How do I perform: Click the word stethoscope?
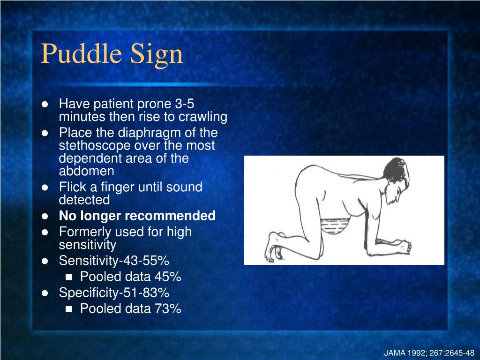[x=94, y=145]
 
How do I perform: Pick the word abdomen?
[x=86, y=171]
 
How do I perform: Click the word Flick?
[x=71, y=187]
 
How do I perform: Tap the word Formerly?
[x=86, y=232]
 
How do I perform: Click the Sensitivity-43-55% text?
[x=114, y=261]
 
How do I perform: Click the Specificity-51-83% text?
[x=114, y=293]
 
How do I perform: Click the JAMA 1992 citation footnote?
[x=429, y=353]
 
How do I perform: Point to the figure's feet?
[x=274, y=246]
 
